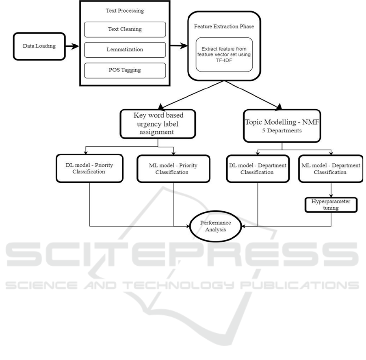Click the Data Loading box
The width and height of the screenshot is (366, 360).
(x=39, y=46)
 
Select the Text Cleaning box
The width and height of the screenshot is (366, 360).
(x=125, y=29)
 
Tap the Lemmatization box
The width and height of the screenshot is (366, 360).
(x=125, y=50)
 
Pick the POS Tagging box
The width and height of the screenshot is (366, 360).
(x=125, y=70)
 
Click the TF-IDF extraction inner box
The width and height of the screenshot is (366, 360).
(x=224, y=54)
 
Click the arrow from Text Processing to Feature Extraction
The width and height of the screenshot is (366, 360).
(x=178, y=46)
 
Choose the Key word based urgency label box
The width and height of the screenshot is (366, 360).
(x=158, y=123)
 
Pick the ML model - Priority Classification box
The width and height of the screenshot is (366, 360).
(x=173, y=168)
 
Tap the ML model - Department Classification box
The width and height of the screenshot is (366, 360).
(x=331, y=168)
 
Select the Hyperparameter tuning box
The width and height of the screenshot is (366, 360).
(x=331, y=204)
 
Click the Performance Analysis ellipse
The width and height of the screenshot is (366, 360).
(x=215, y=226)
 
